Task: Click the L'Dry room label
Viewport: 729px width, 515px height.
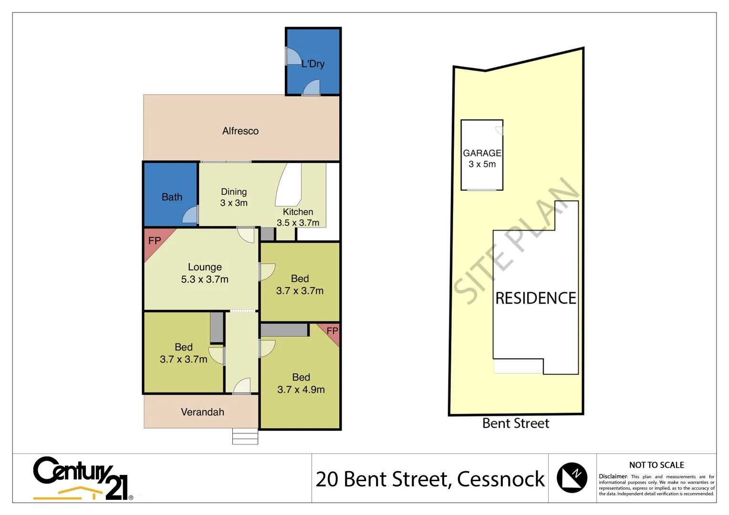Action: (313, 64)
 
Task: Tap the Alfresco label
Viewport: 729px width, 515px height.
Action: (240, 131)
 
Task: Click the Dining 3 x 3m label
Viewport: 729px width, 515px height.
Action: (234, 197)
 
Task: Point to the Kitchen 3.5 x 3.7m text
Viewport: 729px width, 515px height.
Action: (298, 217)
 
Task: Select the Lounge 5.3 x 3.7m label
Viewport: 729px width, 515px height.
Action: (205, 273)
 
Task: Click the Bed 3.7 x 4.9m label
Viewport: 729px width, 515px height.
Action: (301, 383)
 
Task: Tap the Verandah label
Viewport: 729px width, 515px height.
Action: (202, 412)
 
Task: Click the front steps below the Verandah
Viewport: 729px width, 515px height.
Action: (245, 436)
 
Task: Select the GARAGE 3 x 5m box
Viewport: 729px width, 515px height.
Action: (482, 155)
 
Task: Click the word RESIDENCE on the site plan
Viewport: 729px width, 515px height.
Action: (536, 299)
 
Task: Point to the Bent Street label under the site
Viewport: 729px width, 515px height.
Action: (516, 423)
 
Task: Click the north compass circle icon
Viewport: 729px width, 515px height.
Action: (572, 477)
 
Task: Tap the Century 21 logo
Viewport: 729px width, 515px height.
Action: (81, 479)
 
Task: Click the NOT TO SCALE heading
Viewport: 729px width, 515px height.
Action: (656, 465)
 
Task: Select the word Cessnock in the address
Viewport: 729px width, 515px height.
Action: (500, 479)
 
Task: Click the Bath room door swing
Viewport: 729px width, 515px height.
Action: (191, 215)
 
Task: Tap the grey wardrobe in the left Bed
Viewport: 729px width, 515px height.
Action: (217, 327)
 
